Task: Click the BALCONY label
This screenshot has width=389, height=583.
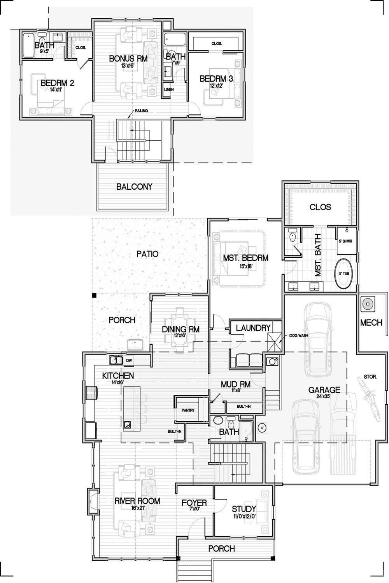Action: pos(134,187)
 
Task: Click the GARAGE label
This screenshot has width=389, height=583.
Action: pos(324,390)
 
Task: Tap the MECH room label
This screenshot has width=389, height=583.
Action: pos(371,323)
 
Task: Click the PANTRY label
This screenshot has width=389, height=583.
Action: pos(187,410)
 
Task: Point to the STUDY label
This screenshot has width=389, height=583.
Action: pos(244,509)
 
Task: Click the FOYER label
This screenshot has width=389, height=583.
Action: pos(194,503)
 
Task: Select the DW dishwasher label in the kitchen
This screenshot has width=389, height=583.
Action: pos(129,360)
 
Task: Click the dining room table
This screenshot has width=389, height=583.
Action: pos(180,330)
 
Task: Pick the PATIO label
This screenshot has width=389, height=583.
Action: pos(147,254)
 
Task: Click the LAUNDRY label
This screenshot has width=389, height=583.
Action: pos(253,328)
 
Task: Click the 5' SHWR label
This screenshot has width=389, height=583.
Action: pos(345,241)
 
